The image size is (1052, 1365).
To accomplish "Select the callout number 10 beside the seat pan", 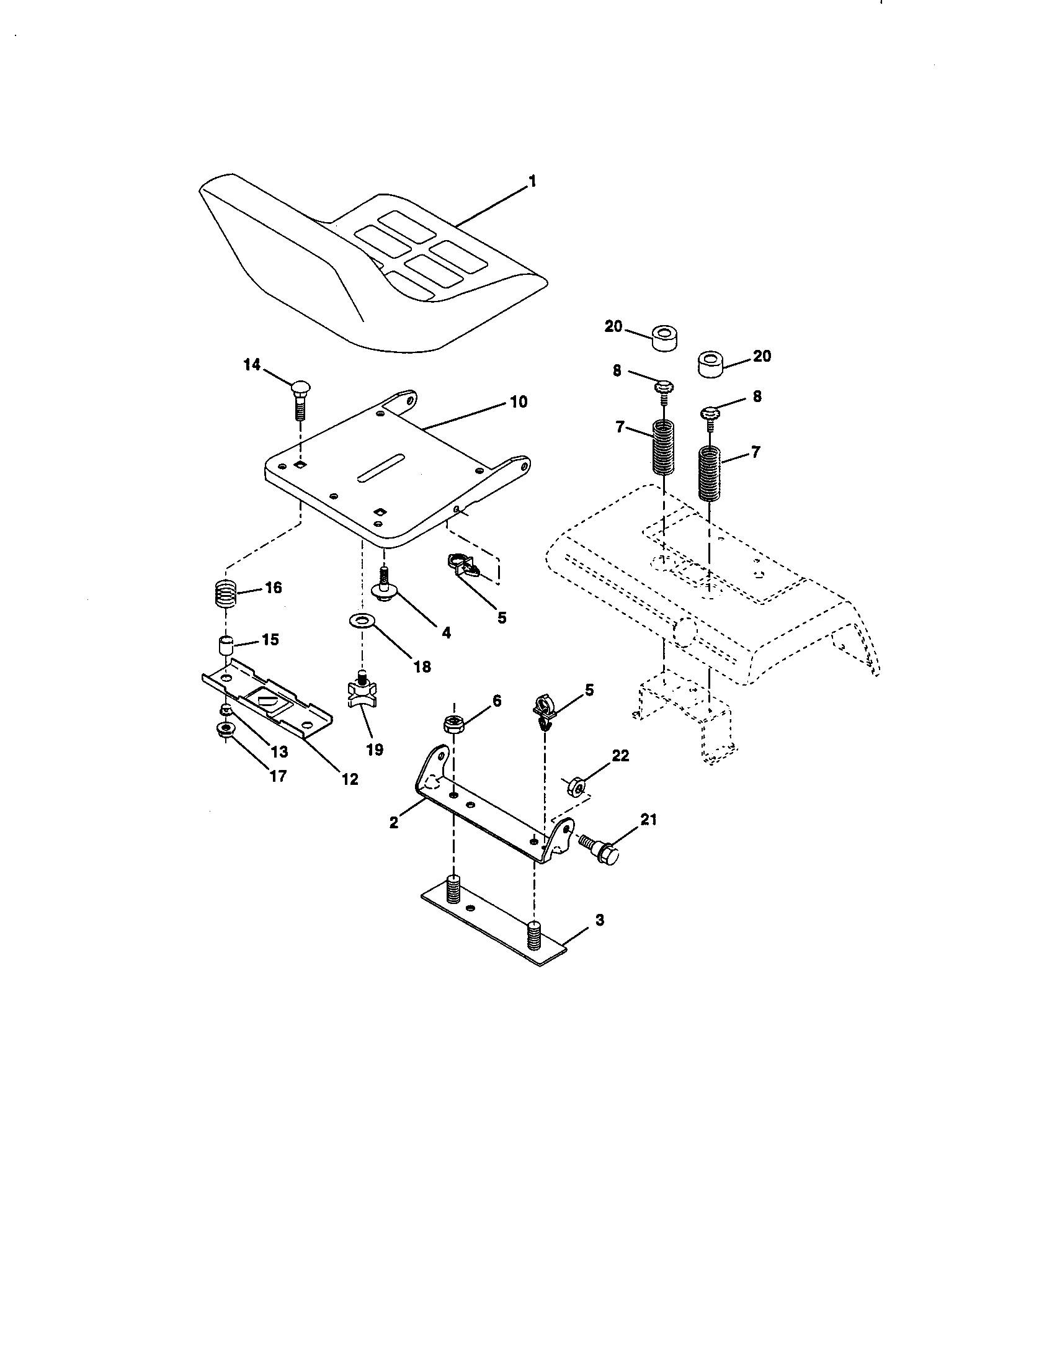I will [x=519, y=401].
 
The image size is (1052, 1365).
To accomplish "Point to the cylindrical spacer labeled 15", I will [x=225, y=645].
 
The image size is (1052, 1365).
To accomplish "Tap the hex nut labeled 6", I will [x=453, y=723].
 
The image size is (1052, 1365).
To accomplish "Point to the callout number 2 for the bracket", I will [x=393, y=823].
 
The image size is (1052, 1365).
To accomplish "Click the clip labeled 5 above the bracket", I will [x=543, y=710].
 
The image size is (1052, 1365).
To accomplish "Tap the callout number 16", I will [x=273, y=588].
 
